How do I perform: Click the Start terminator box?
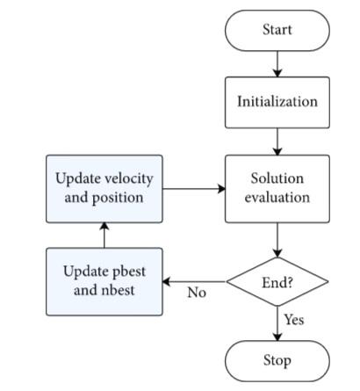tap(277, 30)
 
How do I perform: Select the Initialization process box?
tap(277, 101)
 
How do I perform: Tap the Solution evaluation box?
tap(277, 188)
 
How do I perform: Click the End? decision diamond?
tap(277, 282)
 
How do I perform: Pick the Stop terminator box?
tap(277, 360)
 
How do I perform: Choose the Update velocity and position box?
tap(104, 188)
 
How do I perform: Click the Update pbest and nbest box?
tap(104, 281)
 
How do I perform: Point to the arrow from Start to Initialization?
tap(277, 63)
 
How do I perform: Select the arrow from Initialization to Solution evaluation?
tap(277, 141)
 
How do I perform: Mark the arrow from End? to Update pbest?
tap(195, 282)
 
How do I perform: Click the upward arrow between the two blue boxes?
tap(104, 234)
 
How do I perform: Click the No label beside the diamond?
tap(197, 293)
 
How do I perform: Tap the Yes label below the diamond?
tap(294, 320)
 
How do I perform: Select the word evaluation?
tap(277, 198)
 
